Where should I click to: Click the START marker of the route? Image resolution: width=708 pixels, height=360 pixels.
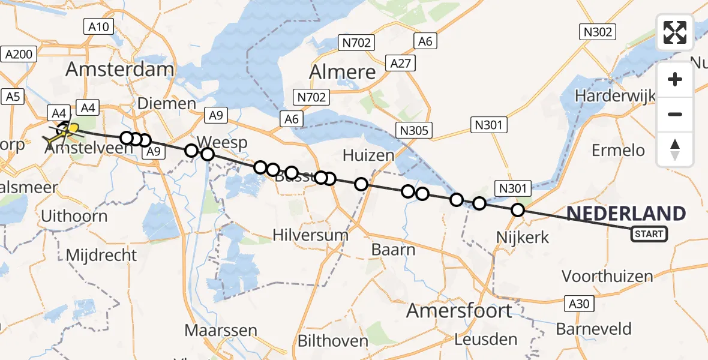(649, 233)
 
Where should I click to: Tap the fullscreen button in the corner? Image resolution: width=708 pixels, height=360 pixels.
(675, 32)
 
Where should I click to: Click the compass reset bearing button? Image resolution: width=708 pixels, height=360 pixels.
(675, 149)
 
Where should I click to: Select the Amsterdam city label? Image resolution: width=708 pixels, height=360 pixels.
(119, 70)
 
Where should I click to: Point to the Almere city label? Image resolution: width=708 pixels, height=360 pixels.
(342, 72)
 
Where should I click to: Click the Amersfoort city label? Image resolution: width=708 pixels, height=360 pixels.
(459, 311)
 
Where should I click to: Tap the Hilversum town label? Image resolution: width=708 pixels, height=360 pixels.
(310, 235)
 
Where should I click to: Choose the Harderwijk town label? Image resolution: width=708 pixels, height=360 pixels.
(615, 95)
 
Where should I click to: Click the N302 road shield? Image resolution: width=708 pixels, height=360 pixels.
(596, 32)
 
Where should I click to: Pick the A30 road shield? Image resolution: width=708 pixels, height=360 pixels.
(579, 304)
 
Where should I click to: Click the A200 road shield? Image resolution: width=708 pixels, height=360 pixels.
(19, 55)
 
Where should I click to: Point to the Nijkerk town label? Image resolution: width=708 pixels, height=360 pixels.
(523, 238)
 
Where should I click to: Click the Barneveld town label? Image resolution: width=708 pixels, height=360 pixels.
(593, 329)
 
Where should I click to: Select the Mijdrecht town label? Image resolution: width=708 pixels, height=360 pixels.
(101, 255)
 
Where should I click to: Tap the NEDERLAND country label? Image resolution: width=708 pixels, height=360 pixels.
(626, 214)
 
